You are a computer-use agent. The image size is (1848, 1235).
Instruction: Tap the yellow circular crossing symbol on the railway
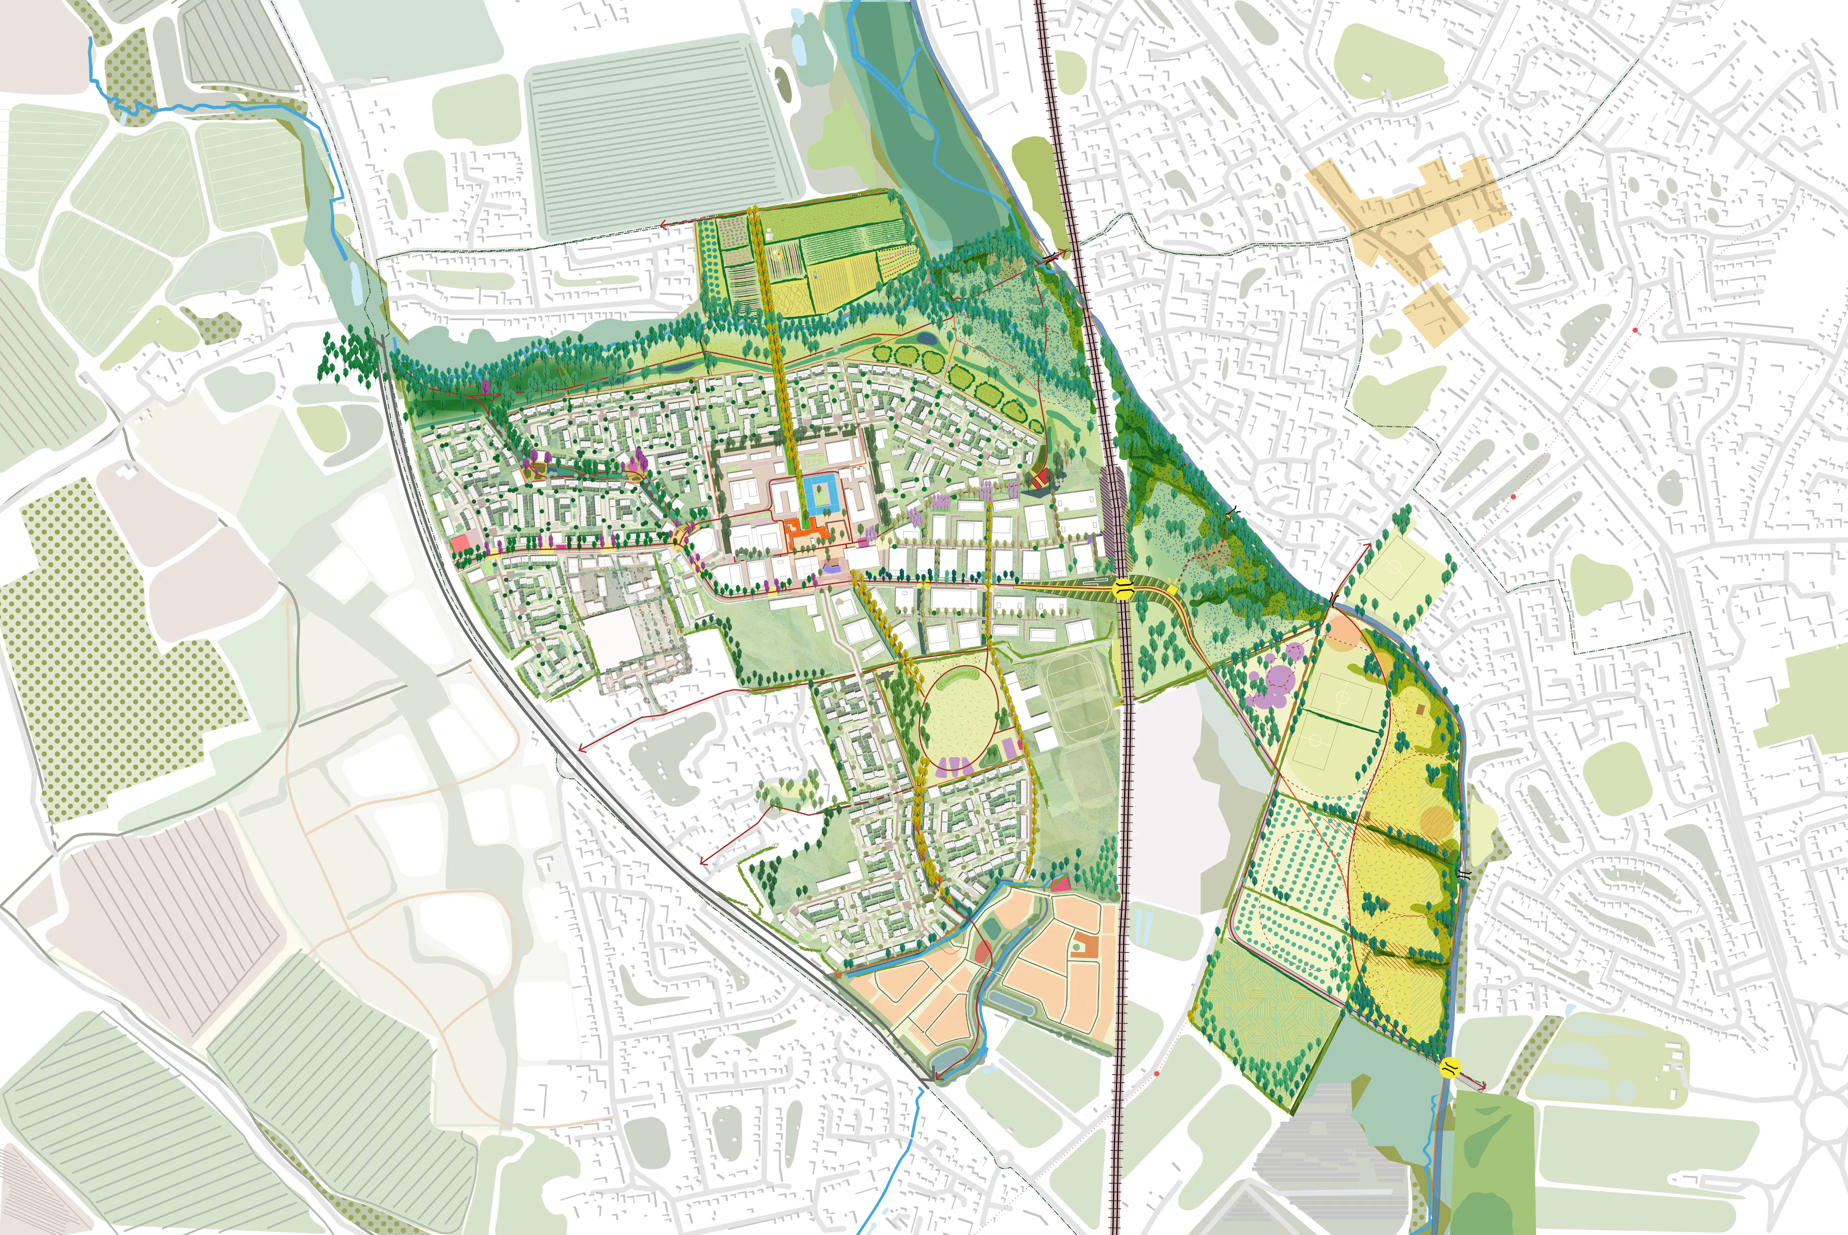click(x=1122, y=587)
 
